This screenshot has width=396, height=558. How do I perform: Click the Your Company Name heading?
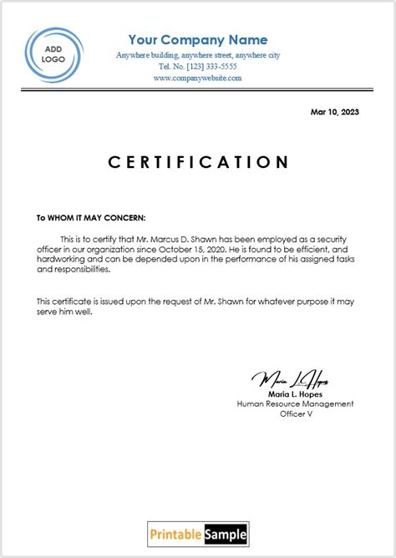point(198,40)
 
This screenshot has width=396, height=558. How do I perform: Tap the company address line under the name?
point(198,55)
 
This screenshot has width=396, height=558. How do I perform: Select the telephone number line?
point(198,66)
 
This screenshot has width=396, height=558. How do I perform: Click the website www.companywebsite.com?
point(198,78)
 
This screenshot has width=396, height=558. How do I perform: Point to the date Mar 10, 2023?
point(335,112)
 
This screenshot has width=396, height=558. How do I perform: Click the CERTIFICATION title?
point(198,162)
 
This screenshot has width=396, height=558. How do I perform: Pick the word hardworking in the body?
point(58,260)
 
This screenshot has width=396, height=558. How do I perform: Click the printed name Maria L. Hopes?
point(295,393)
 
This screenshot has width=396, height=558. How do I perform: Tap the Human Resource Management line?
point(295,403)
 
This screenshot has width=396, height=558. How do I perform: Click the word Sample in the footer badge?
point(224,534)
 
